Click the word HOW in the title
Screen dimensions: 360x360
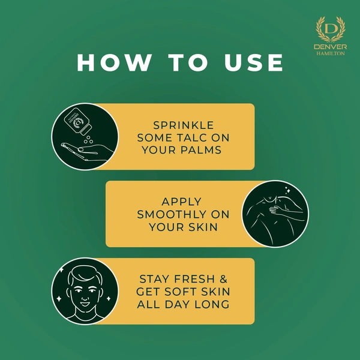tap(113, 62)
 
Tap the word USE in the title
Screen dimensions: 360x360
tap(254, 62)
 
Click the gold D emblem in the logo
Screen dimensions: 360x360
tap(330, 30)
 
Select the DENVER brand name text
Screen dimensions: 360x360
tap(331, 47)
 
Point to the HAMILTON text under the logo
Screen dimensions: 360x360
tap(331, 53)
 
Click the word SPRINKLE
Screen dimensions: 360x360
tap(184, 125)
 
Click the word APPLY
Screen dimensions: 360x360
tap(181, 202)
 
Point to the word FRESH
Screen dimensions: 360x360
tap(194, 279)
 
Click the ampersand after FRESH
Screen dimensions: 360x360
tap(223, 279)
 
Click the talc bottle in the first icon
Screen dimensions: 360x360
tap(77, 121)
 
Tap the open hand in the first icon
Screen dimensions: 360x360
tap(87, 151)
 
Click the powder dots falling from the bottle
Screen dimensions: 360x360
tap(88, 140)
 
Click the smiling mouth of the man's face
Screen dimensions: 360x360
tap(85, 304)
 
